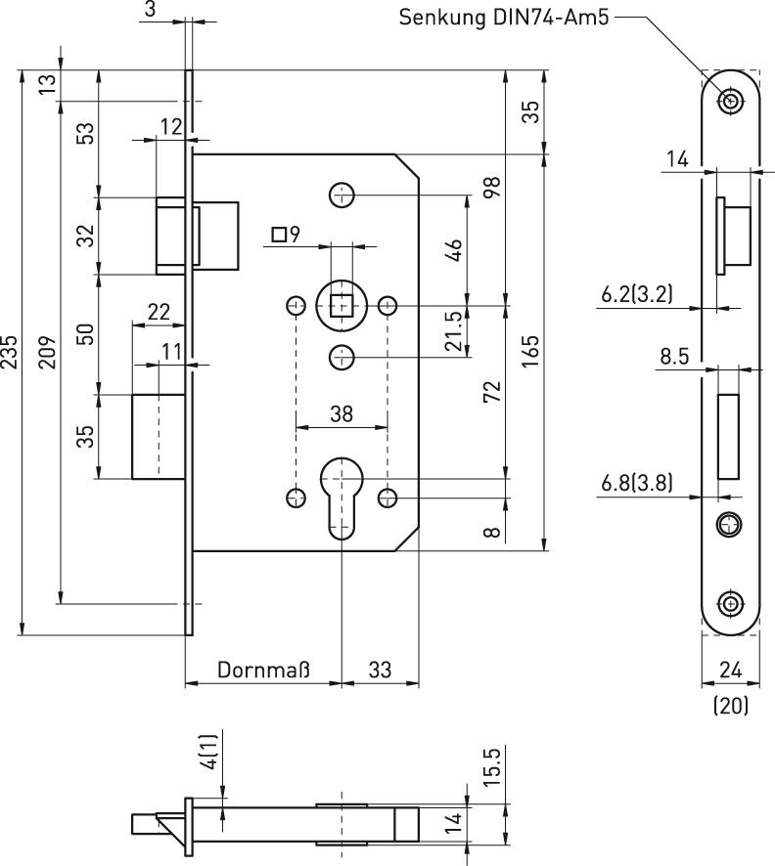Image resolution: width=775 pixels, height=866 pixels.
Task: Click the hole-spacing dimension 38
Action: click(341, 413)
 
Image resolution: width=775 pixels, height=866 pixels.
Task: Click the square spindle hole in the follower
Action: click(342, 306)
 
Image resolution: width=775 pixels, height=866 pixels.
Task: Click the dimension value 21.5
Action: click(454, 332)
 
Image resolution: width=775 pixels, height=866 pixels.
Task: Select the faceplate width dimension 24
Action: click(730, 670)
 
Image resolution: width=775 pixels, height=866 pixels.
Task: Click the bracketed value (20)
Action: click(730, 705)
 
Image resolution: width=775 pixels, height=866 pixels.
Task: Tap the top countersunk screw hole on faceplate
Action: click(730, 101)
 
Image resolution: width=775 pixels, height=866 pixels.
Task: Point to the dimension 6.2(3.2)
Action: click(636, 293)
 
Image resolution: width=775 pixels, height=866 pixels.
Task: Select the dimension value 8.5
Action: click(674, 357)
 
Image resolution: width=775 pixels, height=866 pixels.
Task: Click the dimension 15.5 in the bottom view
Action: click(492, 768)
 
